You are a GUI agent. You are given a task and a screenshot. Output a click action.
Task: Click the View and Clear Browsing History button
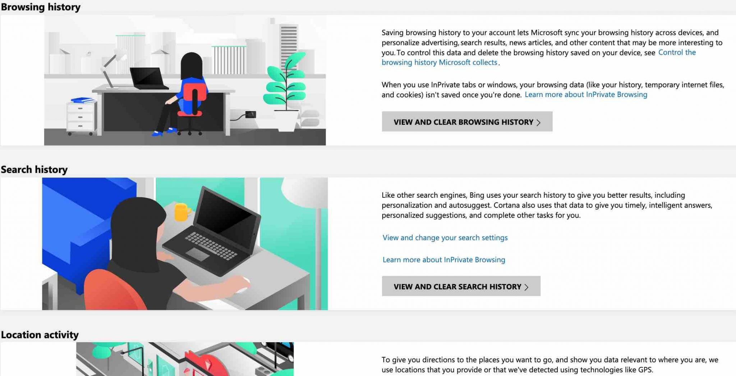click(467, 122)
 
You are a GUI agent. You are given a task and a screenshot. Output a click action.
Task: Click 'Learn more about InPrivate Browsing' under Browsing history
click(586, 95)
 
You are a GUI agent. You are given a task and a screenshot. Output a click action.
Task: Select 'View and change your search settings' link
click(445, 238)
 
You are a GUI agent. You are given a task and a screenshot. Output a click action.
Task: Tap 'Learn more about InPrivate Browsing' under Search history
click(443, 260)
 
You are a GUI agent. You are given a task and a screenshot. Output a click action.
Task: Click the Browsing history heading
click(41, 7)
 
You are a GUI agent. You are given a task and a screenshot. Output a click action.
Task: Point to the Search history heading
click(34, 169)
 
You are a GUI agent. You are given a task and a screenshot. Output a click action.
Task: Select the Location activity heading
click(40, 335)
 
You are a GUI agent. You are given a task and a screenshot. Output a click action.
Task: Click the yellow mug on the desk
click(181, 212)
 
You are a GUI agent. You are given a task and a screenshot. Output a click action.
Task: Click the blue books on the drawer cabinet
click(82, 100)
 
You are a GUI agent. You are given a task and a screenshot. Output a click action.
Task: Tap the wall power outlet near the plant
click(250, 115)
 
